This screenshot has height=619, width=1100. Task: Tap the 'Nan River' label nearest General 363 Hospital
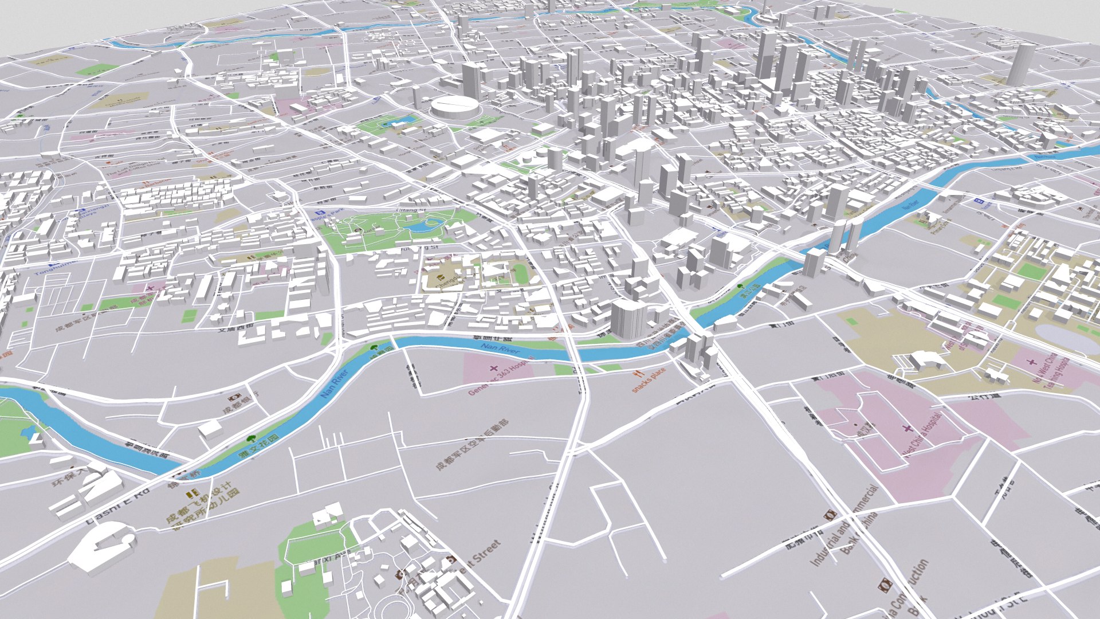(x=500, y=348)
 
